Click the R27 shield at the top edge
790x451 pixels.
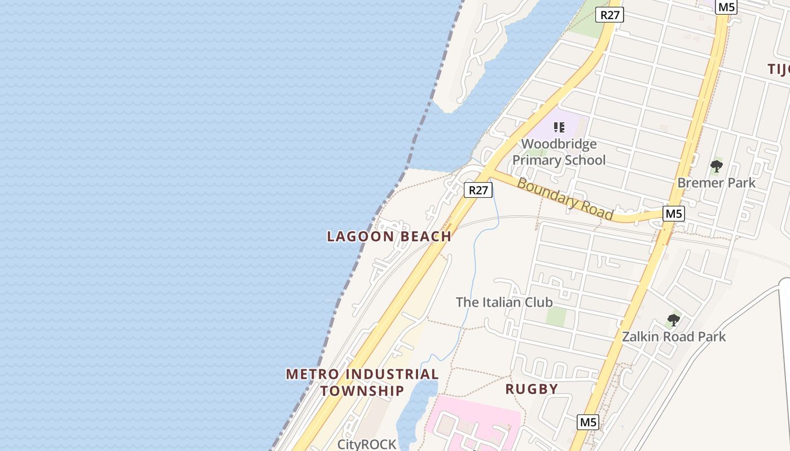tap(609, 15)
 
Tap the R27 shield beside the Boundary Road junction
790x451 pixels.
tap(478, 190)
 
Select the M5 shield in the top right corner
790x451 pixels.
tap(726, 7)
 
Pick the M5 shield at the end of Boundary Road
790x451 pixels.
tap(674, 214)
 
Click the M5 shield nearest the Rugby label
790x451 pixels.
tap(588, 422)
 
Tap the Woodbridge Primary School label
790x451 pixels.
tap(559, 152)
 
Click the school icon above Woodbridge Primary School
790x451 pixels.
tap(559, 127)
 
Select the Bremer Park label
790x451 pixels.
tap(716, 183)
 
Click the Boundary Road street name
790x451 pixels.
tap(565, 199)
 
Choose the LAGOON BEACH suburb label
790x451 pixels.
tap(389, 236)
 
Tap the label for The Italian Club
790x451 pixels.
tap(504, 302)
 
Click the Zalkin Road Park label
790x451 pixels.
tap(674, 337)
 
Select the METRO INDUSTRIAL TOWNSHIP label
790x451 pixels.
tap(362, 382)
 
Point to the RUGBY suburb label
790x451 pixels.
tap(532, 389)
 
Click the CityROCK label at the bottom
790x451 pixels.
tap(367, 444)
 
